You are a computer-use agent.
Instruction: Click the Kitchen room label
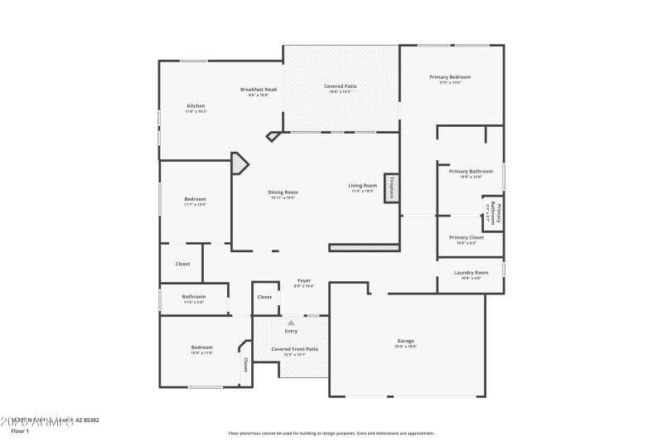(196, 106)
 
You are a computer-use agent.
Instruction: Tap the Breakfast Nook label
(259, 90)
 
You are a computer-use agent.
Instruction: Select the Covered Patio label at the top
(340, 86)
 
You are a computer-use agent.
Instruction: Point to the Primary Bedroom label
(450, 77)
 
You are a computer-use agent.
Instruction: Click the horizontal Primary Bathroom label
(471, 172)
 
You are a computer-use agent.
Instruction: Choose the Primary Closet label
(465, 237)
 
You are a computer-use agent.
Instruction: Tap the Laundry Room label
(471, 273)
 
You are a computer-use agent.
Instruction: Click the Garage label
(405, 341)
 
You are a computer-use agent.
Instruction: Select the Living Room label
(362, 186)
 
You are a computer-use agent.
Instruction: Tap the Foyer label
(304, 281)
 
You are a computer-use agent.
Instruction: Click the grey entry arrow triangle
(290, 323)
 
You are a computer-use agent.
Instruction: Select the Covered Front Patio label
(295, 349)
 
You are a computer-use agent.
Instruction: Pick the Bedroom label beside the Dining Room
(195, 199)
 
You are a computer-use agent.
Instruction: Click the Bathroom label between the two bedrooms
(194, 297)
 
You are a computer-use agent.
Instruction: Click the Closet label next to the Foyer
(264, 296)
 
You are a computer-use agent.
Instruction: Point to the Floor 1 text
(20, 431)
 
